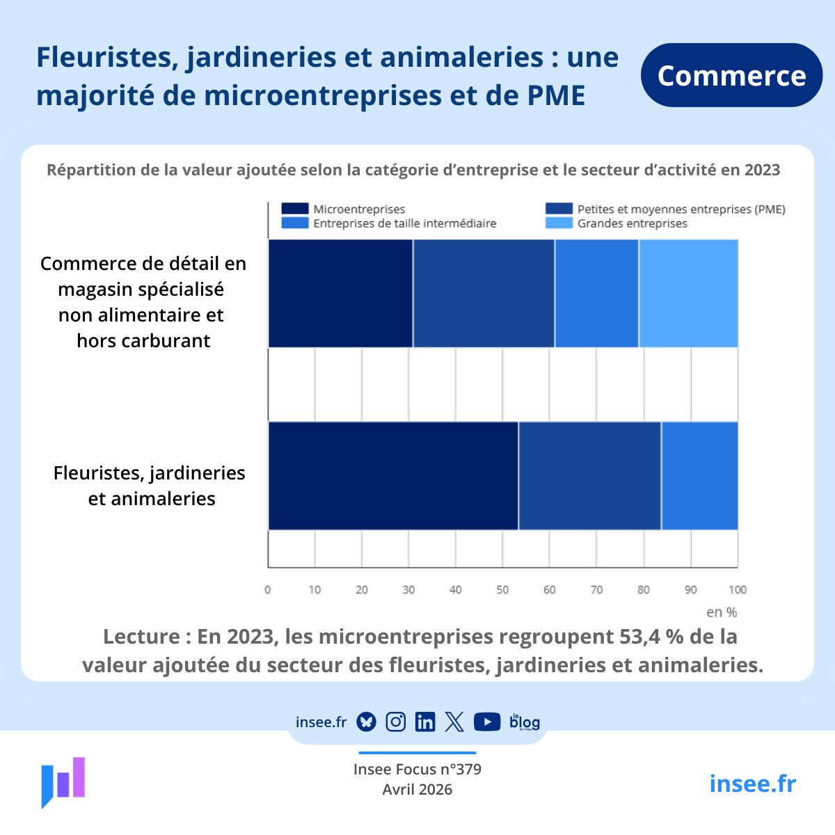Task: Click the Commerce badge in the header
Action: [731, 75]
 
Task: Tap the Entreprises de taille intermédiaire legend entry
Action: [389, 223]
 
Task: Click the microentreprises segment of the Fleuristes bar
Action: [393, 475]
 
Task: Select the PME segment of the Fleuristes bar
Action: [589, 475]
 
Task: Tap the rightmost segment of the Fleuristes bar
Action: [699, 475]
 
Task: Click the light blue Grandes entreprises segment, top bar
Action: [688, 293]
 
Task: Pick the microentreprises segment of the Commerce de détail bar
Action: [340, 293]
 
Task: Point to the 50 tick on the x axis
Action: [502, 590]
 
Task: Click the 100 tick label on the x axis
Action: [738, 590]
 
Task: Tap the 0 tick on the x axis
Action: [268, 590]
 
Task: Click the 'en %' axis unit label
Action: [722, 612]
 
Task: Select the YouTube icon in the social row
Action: [487, 722]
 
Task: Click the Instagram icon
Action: [396, 722]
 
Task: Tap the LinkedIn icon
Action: [425, 722]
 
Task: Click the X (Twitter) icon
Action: [454, 722]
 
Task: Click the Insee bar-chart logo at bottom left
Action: [63, 781]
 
